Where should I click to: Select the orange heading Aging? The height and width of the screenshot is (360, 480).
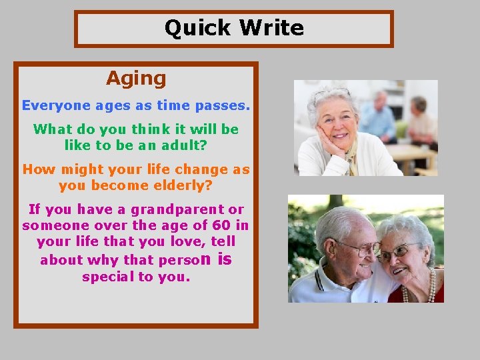click(x=136, y=79)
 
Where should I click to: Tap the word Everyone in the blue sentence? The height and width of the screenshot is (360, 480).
click(x=55, y=105)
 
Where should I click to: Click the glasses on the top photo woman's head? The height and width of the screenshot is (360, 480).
click(x=331, y=93)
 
